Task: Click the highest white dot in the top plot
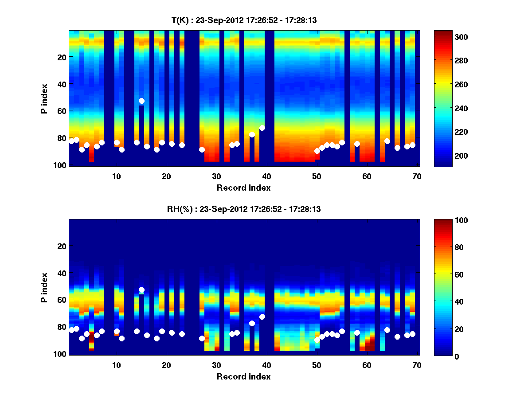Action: pos(141,101)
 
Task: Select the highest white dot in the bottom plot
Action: pos(141,289)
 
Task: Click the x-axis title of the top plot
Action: pos(243,188)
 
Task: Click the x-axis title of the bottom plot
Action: pos(243,376)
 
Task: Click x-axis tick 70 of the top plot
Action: pos(417,176)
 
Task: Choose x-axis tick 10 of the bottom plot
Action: pos(116,365)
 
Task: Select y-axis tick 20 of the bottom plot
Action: pos(61,246)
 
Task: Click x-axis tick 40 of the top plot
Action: pos(266,176)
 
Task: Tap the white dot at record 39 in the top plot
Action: pos(262,128)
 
